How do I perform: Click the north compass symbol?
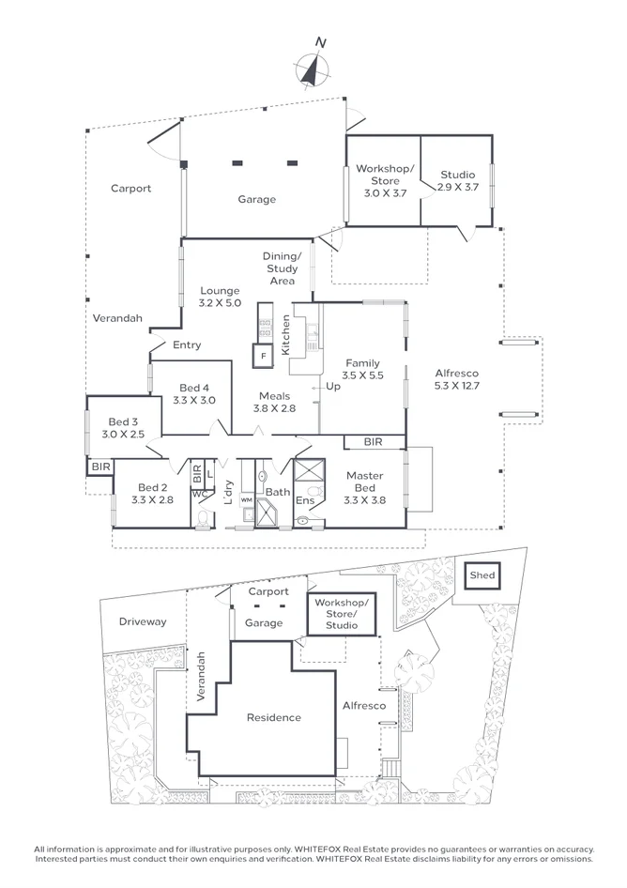point(313,69)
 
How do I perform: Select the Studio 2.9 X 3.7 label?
point(457,181)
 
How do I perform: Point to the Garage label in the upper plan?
point(256,199)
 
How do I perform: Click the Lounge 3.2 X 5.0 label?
point(220,297)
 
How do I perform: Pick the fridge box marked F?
point(263,358)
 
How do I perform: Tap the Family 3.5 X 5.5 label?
point(361,369)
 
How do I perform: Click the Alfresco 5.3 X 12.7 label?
point(456,378)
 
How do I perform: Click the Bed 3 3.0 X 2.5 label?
point(123,428)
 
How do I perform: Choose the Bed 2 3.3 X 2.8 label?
point(153,494)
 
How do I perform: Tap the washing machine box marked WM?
point(247,500)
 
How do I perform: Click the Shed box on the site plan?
point(482,575)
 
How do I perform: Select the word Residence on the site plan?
point(274,718)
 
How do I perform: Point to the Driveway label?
point(143,621)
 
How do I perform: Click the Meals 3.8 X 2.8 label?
point(274,402)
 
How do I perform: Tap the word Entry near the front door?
point(187,344)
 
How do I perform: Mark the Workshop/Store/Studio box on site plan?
point(343,613)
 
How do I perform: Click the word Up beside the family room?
point(331,386)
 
